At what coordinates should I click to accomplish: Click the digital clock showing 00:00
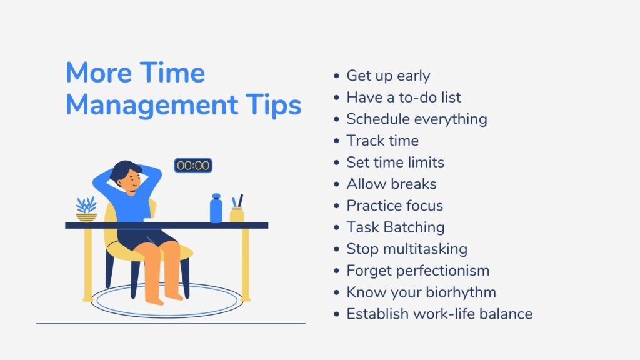pos(193,165)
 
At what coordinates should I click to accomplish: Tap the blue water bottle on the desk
pos(216,208)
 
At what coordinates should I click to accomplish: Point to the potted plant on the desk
pos(86,209)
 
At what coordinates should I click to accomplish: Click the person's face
pos(132,180)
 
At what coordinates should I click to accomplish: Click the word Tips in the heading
pos(273,105)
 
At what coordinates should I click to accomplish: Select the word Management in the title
pos(152,105)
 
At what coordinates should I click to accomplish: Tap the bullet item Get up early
pos(388,76)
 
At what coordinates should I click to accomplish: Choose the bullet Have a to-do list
pos(404,97)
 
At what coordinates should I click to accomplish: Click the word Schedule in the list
pos(378,119)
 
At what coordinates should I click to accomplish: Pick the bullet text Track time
pos(382,141)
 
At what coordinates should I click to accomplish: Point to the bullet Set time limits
pos(395,162)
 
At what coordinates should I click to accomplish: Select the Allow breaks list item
pos(391,184)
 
